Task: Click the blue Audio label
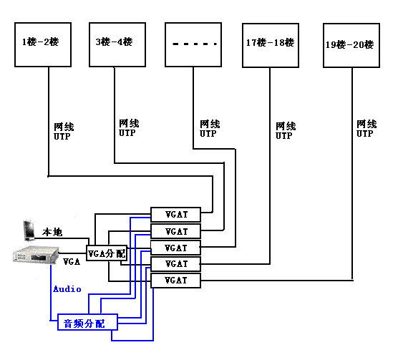click(67, 289)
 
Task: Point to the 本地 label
click(52, 232)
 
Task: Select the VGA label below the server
click(72, 261)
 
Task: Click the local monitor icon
click(29, 230)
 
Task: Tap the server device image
click(36, 255)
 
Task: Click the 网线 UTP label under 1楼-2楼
click(64, 132)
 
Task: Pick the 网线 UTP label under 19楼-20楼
click(367, 129)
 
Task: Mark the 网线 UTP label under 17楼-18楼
click(286, 130)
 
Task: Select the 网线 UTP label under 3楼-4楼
click(129, 128)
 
